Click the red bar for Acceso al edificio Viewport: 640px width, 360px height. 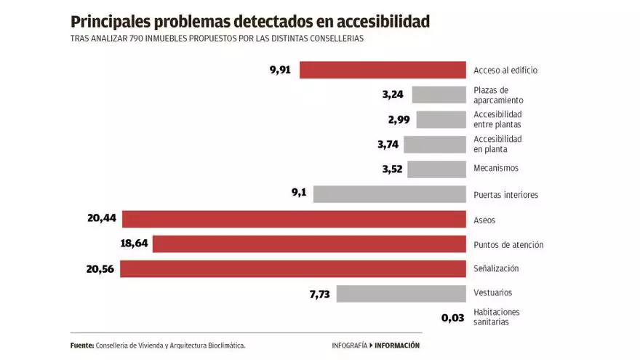(x=383, y=70)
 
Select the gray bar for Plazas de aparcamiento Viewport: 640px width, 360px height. (x=439, y=95)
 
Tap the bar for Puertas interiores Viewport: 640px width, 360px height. (x=389, y=194)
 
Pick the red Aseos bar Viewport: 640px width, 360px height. (x=294, y=220)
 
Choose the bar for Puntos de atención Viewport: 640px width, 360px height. (x=308, y=244)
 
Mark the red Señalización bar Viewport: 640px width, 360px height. (x=292, y=268)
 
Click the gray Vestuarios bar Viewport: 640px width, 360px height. (x=401, y=293)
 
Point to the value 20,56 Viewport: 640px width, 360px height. (x=101, y=268)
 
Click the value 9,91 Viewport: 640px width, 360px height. (x=280, y=70)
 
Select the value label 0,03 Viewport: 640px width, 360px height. (x=452, y=318)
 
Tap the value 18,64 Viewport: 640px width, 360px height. (x=134, y=244)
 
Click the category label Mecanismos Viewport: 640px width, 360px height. (x=496, y=169)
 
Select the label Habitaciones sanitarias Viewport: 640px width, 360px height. (x=497, y=317)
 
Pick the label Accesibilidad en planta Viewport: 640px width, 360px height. (x=497, y=144)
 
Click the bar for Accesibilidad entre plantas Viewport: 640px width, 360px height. (x=441, y=119)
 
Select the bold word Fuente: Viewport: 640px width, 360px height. (x=81, y=345)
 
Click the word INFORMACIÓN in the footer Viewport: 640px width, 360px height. (x=397, y=345)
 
